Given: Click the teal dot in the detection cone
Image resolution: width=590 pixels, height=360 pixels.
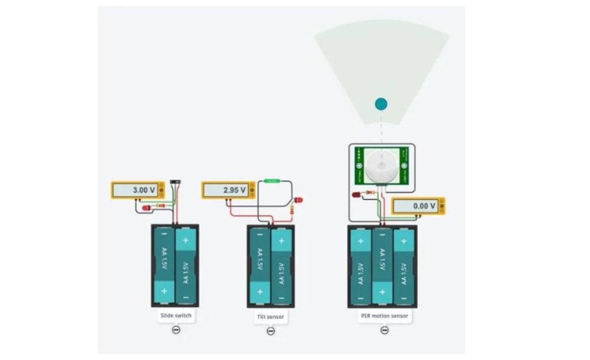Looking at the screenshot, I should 381,104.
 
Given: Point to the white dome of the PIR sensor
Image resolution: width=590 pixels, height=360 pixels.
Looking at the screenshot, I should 381,165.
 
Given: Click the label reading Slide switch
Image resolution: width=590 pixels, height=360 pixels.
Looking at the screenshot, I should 176,316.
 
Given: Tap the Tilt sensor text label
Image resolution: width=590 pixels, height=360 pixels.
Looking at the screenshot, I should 270,317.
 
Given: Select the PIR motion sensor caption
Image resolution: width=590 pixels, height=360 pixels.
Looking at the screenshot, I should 384,316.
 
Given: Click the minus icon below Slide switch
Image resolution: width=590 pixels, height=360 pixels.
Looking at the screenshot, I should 176,330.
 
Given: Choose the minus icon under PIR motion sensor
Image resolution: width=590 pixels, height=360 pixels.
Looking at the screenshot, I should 384,330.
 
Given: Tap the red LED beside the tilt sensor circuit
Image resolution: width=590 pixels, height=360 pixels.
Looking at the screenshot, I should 298,200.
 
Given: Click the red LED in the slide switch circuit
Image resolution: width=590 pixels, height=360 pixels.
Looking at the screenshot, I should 146,207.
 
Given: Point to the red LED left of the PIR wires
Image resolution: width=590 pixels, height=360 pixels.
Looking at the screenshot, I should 355,194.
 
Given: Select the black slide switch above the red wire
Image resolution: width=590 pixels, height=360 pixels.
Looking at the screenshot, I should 176,183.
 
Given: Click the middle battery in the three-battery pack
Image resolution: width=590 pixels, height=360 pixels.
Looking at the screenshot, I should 381,266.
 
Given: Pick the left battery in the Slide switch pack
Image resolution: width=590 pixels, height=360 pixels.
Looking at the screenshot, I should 164,266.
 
